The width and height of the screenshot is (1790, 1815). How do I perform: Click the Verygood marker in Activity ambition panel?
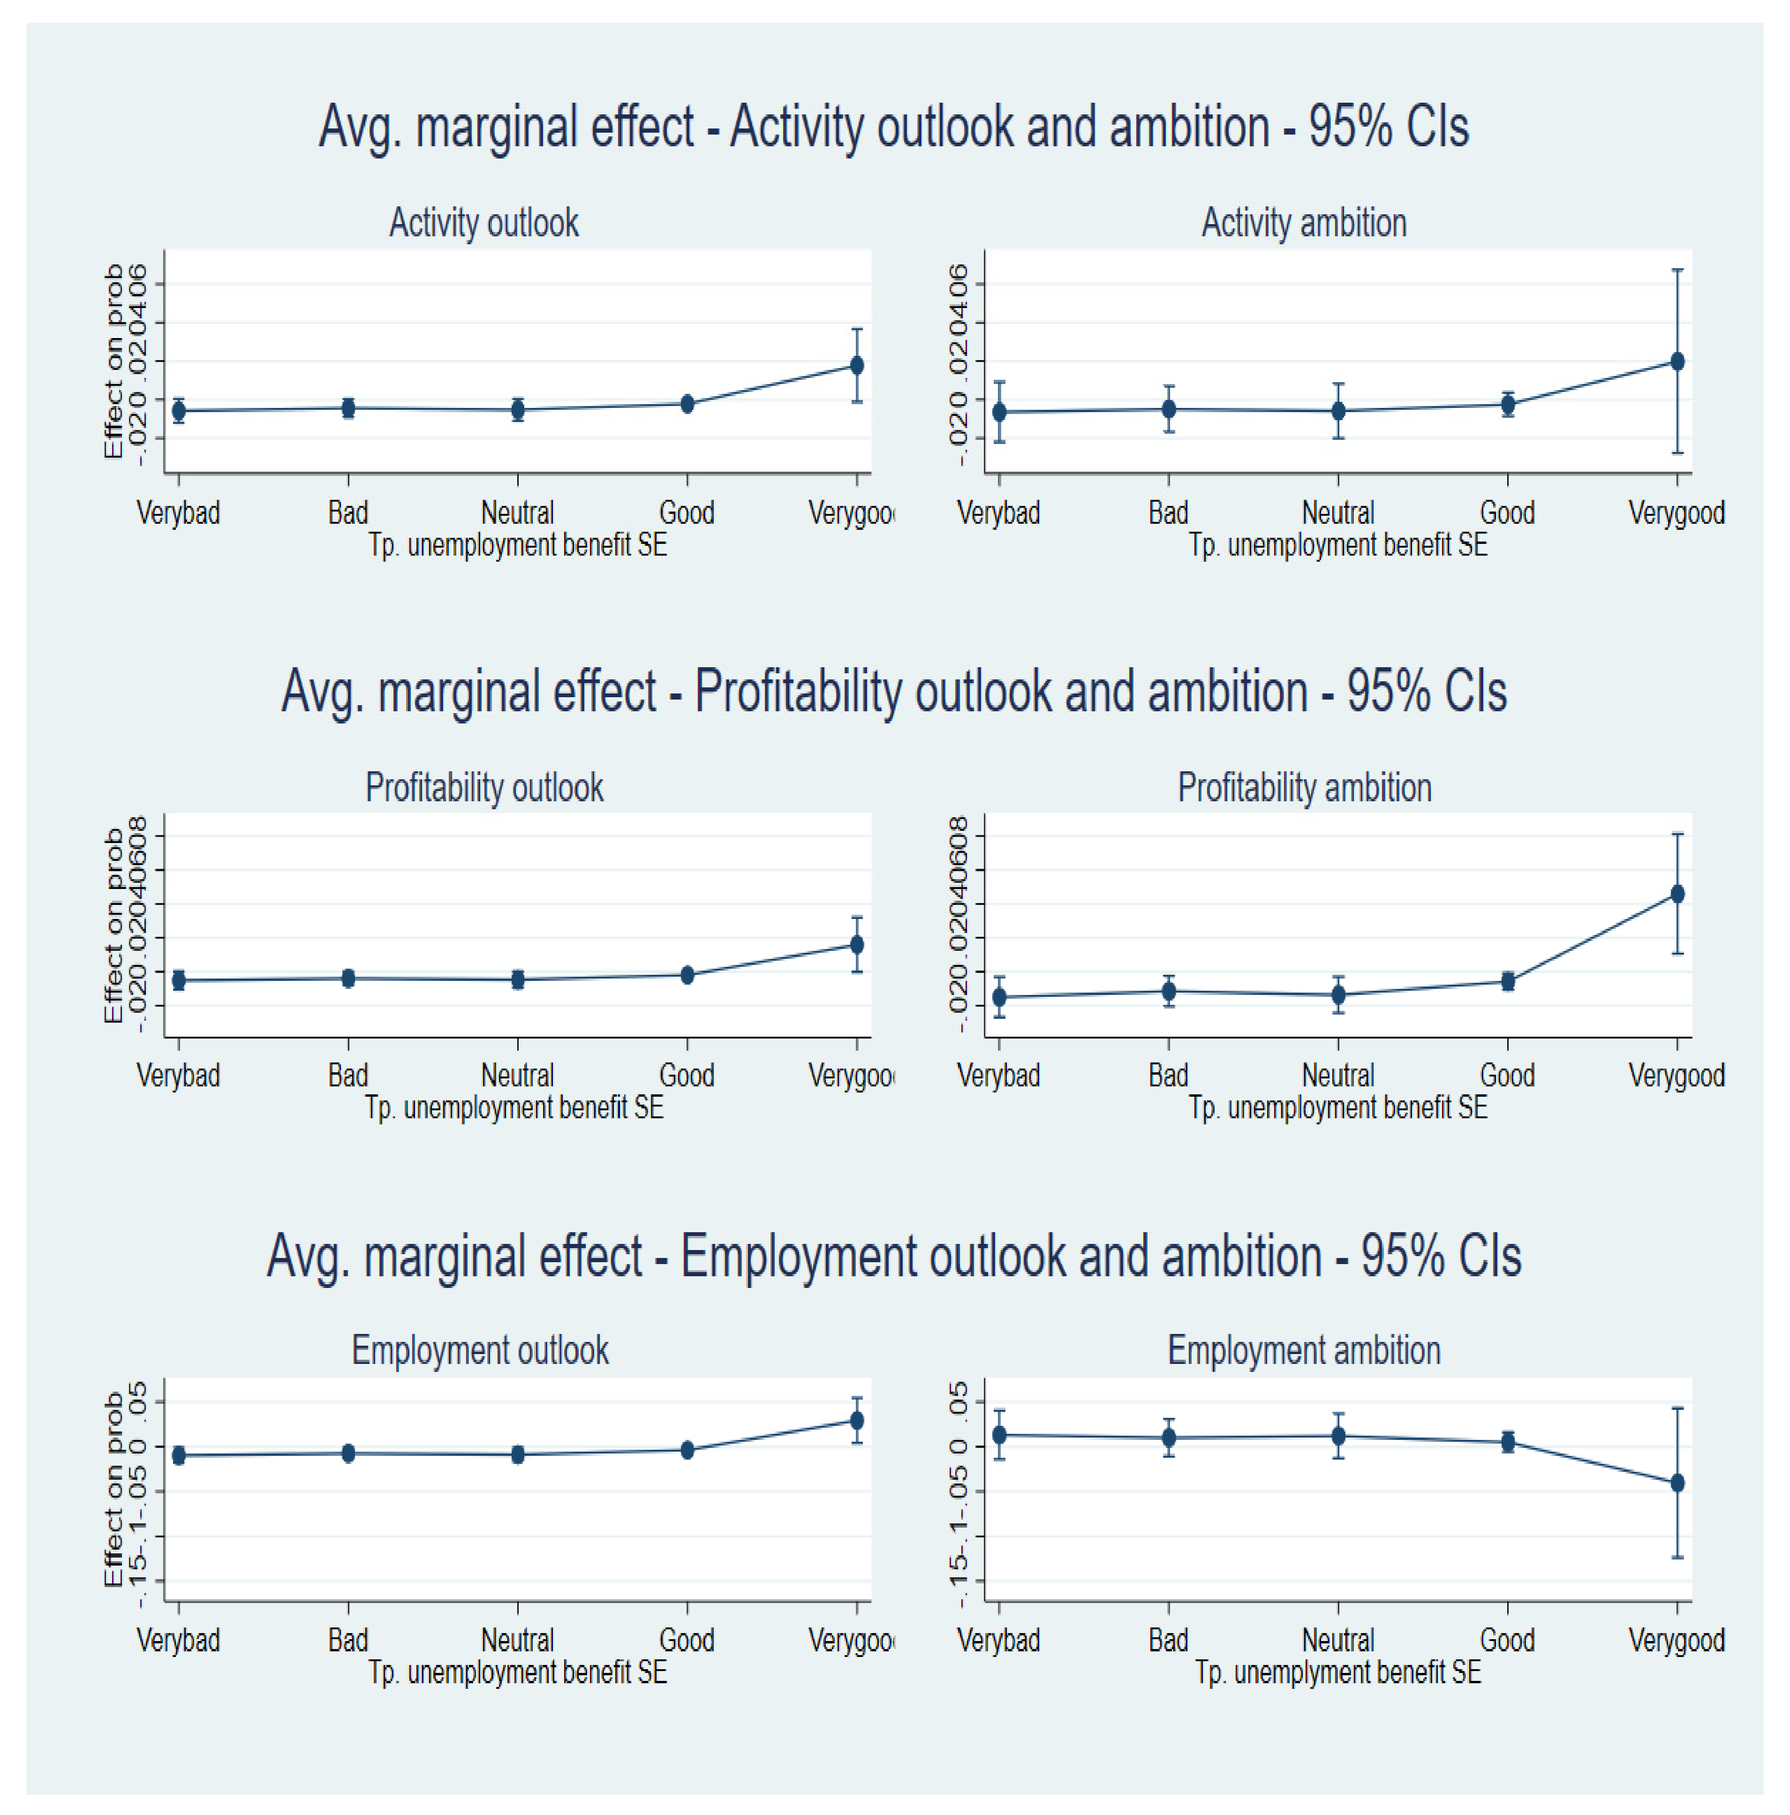point(1677,361)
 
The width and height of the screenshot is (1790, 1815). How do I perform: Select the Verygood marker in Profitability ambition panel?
point(1677,893)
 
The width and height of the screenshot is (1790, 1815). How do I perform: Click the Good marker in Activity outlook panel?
point(687,404)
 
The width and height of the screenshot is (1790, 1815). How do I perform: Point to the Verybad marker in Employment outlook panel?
point(179,1455)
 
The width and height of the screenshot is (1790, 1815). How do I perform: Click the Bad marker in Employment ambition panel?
point(1169,1438)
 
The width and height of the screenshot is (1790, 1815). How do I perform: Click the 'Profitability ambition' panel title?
point(1304,787)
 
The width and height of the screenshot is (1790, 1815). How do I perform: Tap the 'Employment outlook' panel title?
point(480,1350)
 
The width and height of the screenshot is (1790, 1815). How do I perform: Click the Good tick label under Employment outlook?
point(687,1639)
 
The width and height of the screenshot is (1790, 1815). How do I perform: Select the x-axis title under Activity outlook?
point(518,545)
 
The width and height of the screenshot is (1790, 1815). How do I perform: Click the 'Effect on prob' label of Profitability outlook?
point(113,926)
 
